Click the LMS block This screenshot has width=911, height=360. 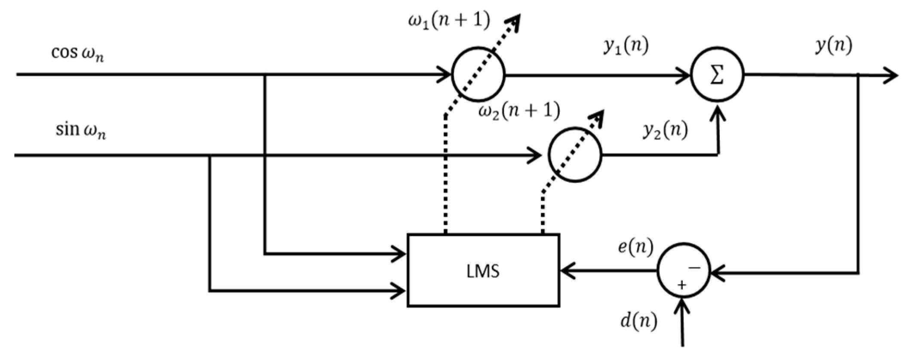(x=483, y=271)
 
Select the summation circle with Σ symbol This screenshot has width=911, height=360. (x=717, y=76)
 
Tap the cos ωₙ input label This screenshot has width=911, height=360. (x=77, y=53)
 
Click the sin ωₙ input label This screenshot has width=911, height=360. (x=80, y=130)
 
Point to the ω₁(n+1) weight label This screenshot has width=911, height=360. (x=449, y=21)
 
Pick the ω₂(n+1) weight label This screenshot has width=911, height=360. (x=519, y=111)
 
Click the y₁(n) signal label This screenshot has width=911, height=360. (x=626, y=46)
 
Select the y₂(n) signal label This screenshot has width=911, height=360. (x=665, y=130)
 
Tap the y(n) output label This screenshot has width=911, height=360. (x=833, y=46)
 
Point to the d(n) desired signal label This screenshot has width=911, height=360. (x=638, y=321)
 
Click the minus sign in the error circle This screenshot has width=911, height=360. (x=694, y=268)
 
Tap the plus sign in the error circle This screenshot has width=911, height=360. (x=681, y=285)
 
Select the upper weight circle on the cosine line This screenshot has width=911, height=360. (x=478, y=75)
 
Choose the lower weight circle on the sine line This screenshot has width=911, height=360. (x=575, y=154)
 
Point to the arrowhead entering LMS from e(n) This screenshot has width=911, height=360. (x=567, y=271)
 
